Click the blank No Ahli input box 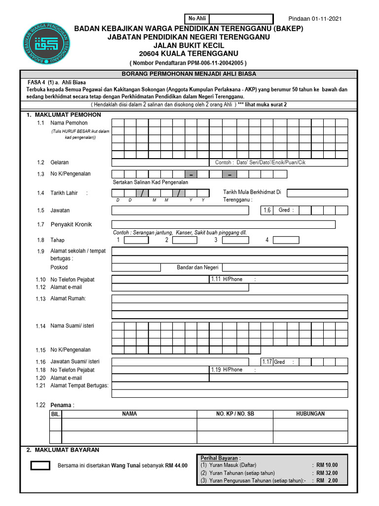(241, 19)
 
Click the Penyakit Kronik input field (224, 224)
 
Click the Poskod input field (136, 267)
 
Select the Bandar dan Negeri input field (285, 267)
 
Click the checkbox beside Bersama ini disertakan (40, 465)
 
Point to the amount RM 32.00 (327, 472)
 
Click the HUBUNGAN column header (310, 414)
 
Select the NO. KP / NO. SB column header (235, 414)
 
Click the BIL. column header (56, 414)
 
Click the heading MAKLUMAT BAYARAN (66, 450)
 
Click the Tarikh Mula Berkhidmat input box (317, 193)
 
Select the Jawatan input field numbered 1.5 (180, 211)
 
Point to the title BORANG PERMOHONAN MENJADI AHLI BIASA (189, 74)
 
